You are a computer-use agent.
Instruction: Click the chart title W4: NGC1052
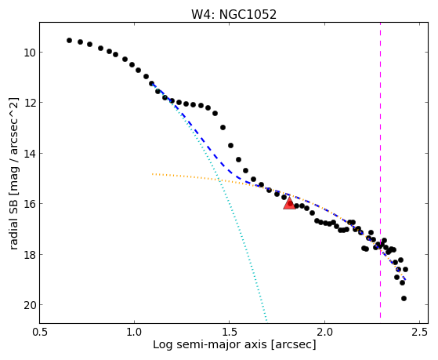(233, 15)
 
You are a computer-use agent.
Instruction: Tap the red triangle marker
(289, 203)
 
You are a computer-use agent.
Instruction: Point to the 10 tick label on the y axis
(30, 53)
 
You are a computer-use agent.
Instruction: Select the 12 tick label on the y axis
(30, 103)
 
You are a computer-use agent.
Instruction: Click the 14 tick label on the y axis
(30, 153)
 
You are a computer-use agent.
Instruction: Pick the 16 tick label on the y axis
(30, 204)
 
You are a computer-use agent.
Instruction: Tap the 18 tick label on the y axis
(30, 254)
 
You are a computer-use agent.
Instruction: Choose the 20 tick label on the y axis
(30, 305)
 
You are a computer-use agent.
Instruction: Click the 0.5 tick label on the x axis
(39, 332)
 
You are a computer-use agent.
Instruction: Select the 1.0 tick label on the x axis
(134, 332)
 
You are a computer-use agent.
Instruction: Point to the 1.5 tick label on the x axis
(230, 332)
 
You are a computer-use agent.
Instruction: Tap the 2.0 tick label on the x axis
(324, 332)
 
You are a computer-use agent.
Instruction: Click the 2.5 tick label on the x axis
(419, 332)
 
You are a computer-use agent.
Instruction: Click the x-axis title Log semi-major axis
(209, 345)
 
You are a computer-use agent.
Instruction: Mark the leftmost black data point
(69, 41)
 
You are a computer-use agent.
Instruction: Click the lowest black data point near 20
(404, 299)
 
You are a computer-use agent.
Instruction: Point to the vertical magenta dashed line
(380, 170)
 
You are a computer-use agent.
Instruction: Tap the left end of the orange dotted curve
(153, 174)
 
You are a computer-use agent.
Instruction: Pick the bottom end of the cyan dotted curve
(266, 320)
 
